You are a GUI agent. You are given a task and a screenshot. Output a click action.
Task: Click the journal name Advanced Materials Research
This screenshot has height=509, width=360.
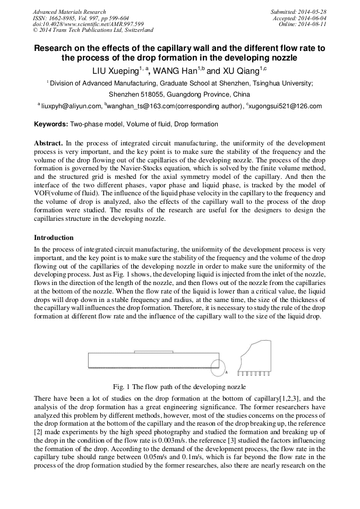[x=69, y=12]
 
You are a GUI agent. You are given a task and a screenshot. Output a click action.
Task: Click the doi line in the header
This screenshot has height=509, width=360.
[x=88, y=24]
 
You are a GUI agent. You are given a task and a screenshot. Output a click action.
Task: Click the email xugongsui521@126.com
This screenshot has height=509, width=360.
[x=287, y=106]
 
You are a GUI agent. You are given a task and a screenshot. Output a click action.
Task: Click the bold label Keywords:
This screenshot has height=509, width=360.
[x=51, y=124]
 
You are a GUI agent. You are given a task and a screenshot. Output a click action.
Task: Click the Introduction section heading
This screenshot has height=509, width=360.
[x=54, y=237]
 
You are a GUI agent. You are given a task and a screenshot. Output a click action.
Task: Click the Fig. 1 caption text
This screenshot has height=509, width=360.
[x=179, y=387]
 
